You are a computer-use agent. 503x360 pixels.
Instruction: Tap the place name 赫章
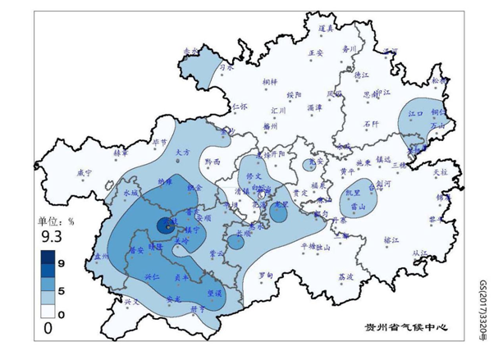click(x=121, y=153)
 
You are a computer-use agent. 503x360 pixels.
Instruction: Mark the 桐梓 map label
click(x=270, y=82)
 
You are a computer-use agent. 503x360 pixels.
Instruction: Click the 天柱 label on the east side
click(x=440, y=172)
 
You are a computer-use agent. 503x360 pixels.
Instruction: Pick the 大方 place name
click(x=183, y=152)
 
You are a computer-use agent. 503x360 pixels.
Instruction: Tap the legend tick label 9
click(x=62, y=260)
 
